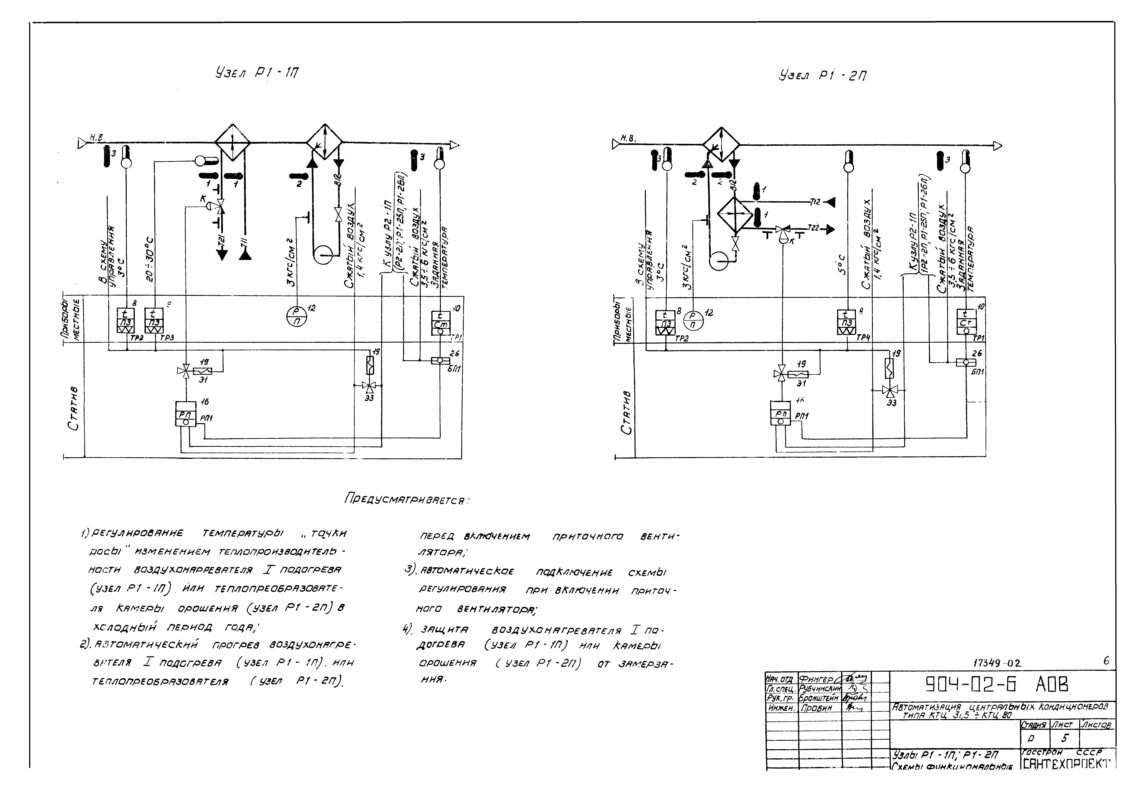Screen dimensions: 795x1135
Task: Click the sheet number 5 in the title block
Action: [x=1065, y=739]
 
